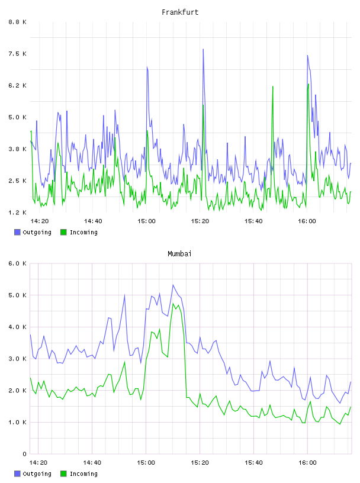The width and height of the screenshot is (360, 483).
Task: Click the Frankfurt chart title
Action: click(x=180, y=12)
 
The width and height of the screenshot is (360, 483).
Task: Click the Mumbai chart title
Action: click(x=179, y=254)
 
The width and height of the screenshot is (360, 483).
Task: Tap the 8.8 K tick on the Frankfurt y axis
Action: click(x=17, y=22)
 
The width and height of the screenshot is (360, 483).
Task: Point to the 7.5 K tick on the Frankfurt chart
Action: click(x=17, y=54)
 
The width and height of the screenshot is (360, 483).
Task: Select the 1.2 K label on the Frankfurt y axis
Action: click(x=17, y=212)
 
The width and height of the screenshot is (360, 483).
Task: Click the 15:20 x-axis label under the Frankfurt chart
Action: click(x=200, y=221)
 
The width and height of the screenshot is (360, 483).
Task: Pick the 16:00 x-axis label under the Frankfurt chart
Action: click(x=307, y=221)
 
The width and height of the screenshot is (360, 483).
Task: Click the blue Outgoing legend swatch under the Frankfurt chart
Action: click(x=17, y=232)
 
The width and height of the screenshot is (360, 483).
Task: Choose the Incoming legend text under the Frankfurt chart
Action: click(x=83, y=232)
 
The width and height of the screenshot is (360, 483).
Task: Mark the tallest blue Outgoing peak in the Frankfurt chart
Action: click(x=203, y=49)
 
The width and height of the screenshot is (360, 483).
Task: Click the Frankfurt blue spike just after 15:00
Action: click(x=147, y=67)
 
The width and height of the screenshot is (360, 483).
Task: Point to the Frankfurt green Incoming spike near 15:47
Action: click(x=273, y=86)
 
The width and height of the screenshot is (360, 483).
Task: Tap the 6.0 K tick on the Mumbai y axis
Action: click(x=17, y=263)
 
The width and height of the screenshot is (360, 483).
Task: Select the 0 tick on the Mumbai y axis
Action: click(x=25, y=454)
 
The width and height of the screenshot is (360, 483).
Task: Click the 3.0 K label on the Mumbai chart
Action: click(x=17, y=359)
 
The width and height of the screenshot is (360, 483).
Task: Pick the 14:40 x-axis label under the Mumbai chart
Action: click(x=92, y=463)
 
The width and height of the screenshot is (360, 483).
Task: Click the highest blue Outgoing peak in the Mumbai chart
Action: click(x=173, y=285)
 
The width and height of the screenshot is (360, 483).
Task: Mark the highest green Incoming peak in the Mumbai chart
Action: click(x=173, y=304)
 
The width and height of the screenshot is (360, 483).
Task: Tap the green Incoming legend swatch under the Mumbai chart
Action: click(x=63, y=474)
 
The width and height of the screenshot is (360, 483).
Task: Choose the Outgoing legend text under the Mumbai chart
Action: click(x=37, y=474)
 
